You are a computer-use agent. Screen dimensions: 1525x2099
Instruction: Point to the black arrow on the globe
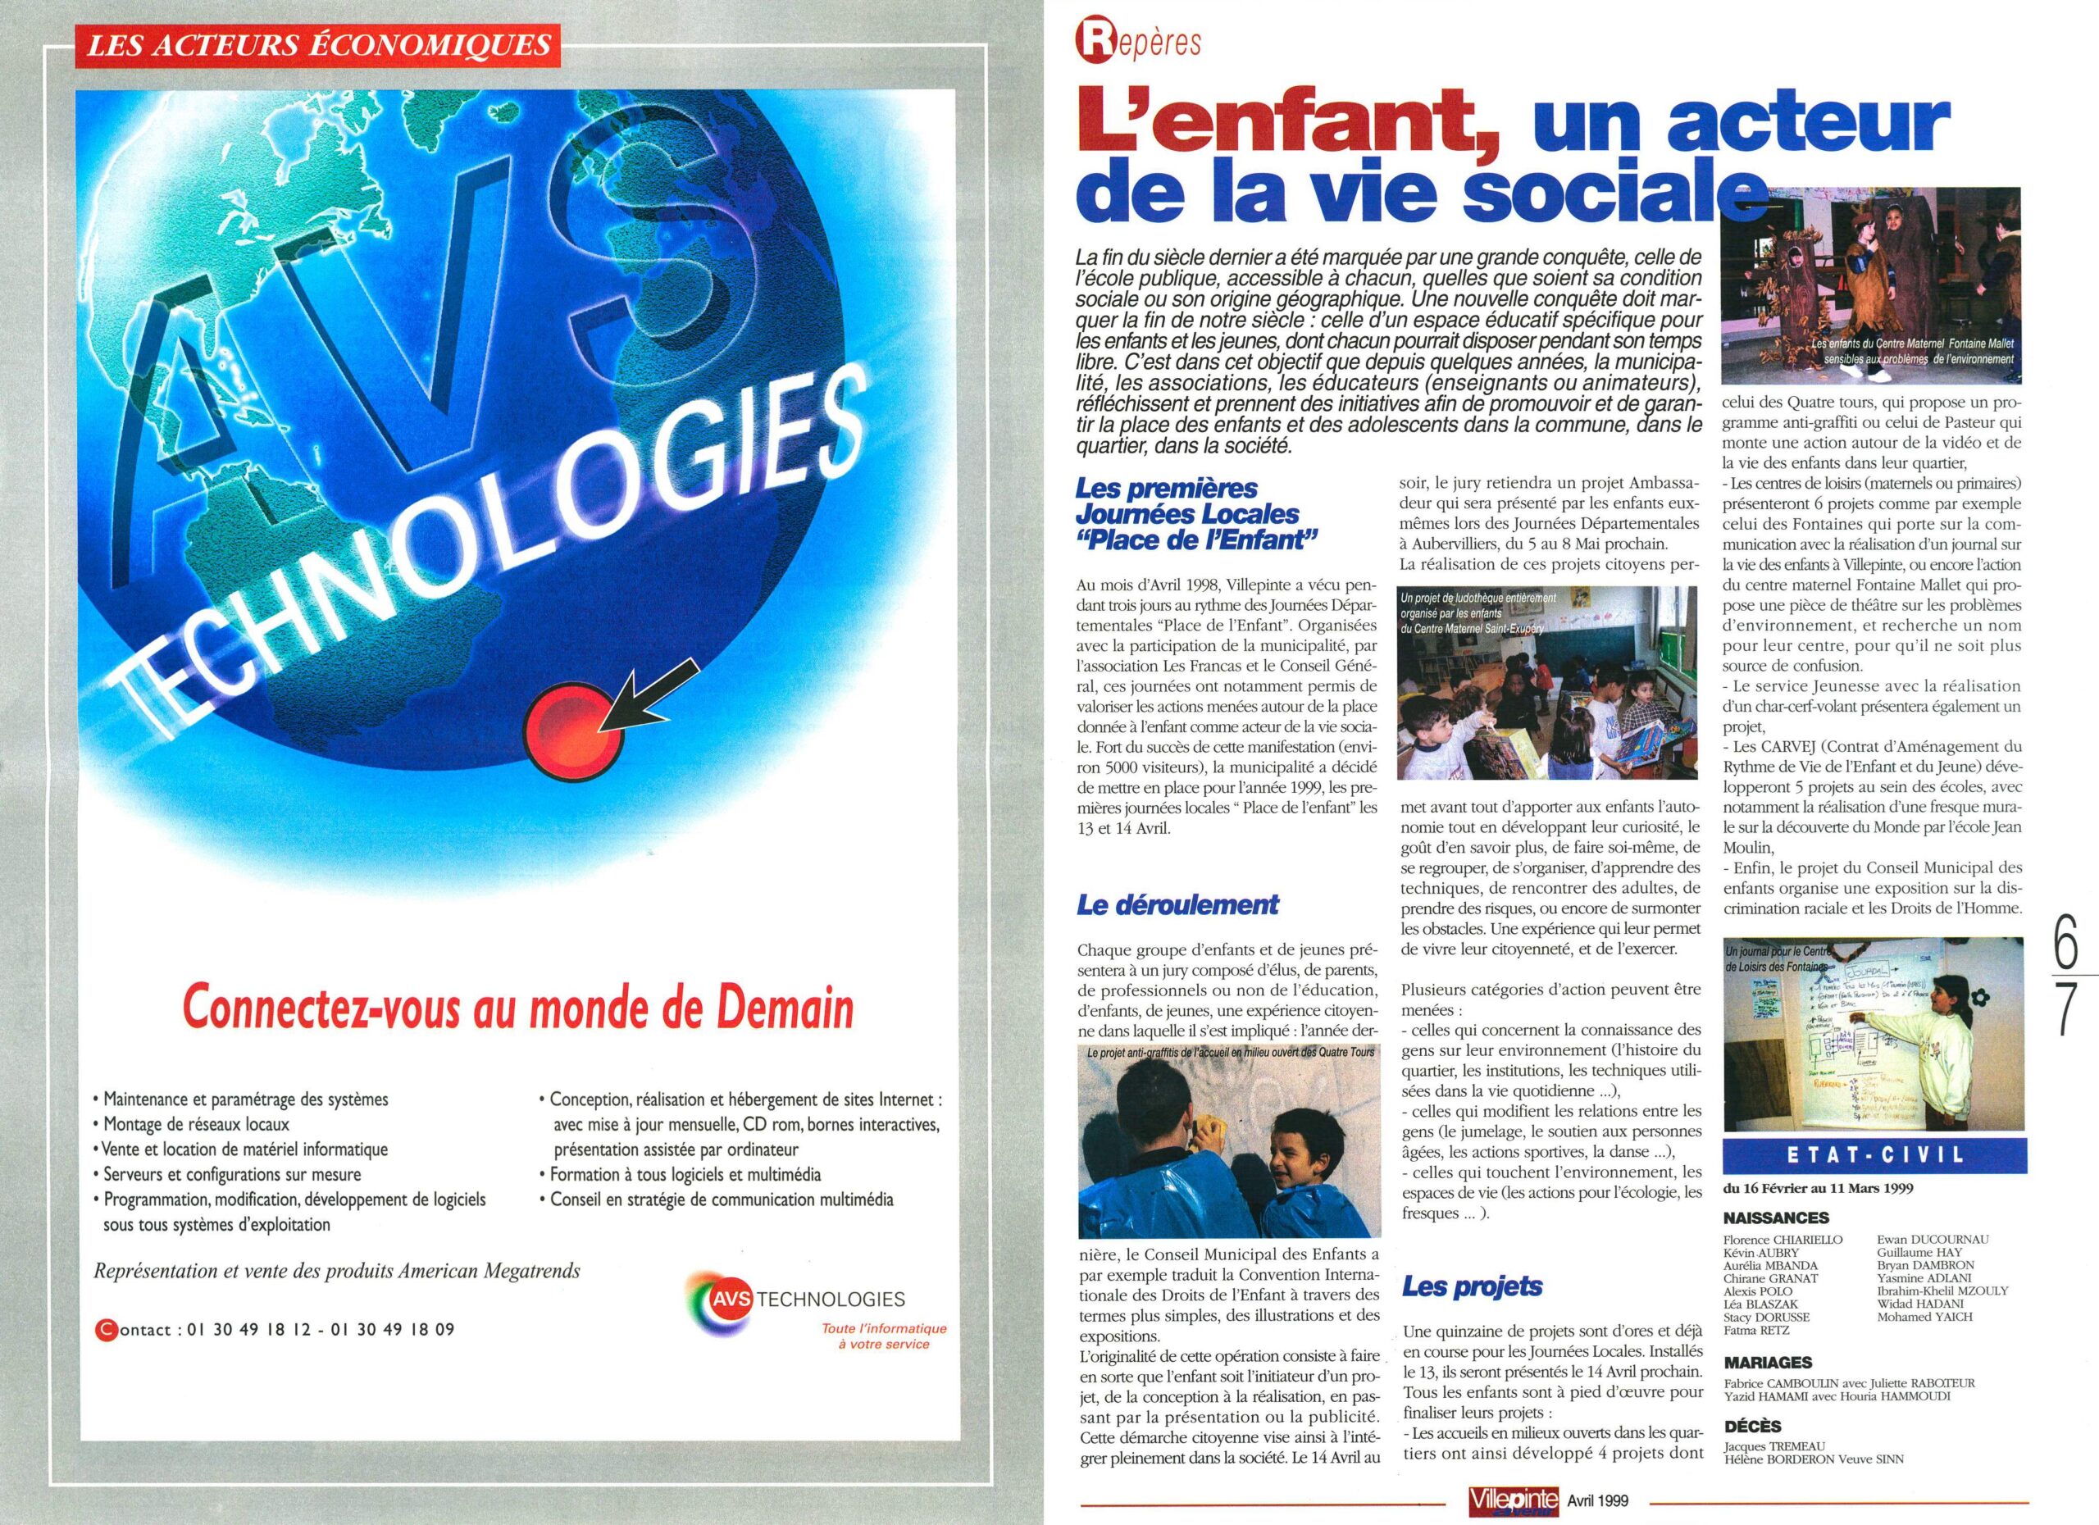coord(648,691)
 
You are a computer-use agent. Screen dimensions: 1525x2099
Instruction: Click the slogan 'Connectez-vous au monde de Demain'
coord(518,1008)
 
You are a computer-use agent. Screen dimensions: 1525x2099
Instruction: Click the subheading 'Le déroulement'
coord(1177,904)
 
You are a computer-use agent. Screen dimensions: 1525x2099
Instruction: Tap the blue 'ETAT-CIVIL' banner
coord(1874,1155)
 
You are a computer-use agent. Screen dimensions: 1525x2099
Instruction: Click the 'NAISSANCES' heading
coord(1776,1218)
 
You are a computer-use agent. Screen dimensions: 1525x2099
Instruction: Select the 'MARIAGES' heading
coord(1768,1362)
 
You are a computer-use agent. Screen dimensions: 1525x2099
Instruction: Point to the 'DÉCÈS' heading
coord(1753,1426)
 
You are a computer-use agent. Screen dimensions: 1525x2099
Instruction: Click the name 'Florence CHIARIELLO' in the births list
coord(1783,1239)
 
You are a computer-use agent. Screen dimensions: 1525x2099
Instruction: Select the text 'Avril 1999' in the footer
coord(1597,1501)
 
